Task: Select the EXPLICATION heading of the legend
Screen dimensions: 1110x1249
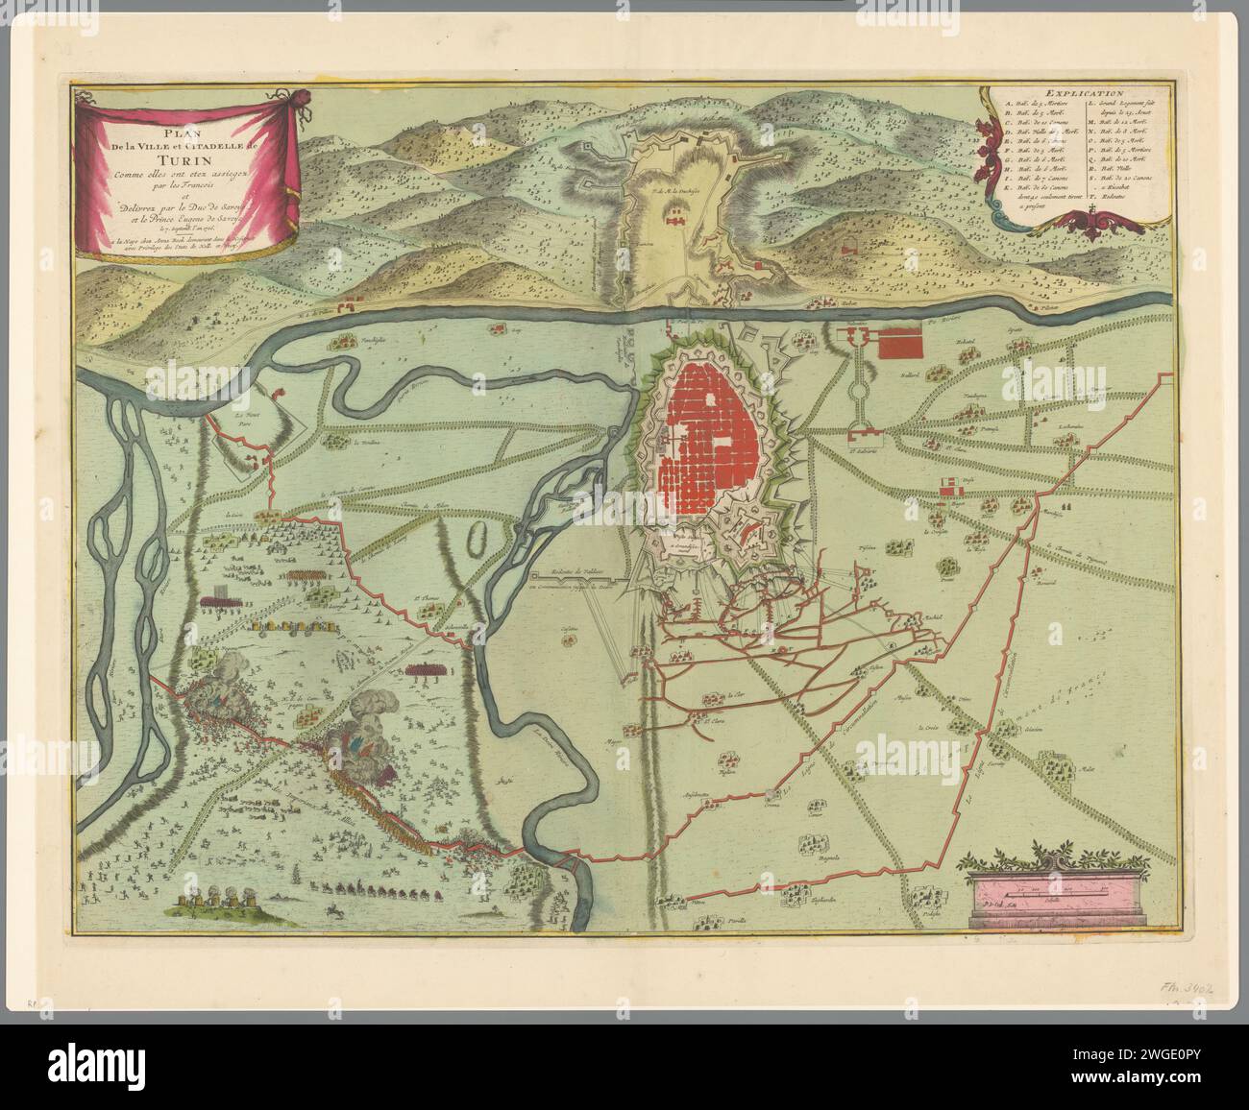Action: pyautogui.click(x=1077, y=93)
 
